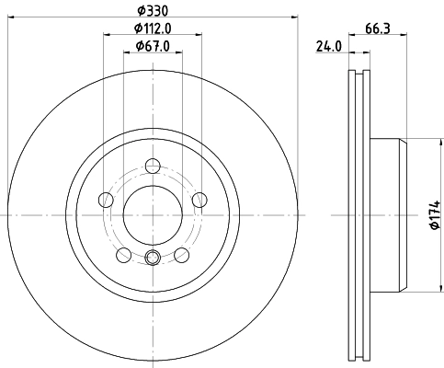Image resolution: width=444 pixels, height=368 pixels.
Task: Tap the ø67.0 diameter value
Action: (x=153, y=46)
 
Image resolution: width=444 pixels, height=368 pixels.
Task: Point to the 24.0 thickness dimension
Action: (x=329, y=47)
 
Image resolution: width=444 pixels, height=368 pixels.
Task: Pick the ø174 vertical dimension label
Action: (x=435, y=215)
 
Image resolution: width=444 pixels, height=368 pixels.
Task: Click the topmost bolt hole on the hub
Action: (x=153, y=167)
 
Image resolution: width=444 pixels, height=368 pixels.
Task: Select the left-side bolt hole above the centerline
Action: (x=107, y=200)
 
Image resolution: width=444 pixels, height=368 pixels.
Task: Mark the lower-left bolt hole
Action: (x=124, y=253)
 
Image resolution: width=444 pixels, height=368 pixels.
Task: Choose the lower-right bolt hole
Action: (x=181, y=253)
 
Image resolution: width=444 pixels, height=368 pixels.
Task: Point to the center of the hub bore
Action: (x=153, y=214)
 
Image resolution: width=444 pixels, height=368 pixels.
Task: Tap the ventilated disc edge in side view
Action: (x=359, y=214)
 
